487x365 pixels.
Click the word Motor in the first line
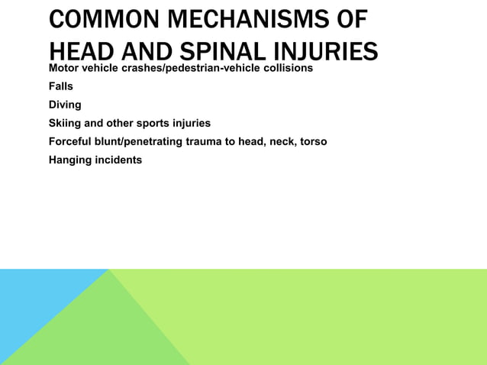[x=63, y=69]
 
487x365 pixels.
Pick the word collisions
[x=287, y=69]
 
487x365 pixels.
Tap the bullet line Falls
[x=61, y=86]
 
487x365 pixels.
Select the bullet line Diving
[x=65, y=105]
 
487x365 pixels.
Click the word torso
[x=313, y=141]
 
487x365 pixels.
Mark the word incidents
[x=119, y=160]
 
